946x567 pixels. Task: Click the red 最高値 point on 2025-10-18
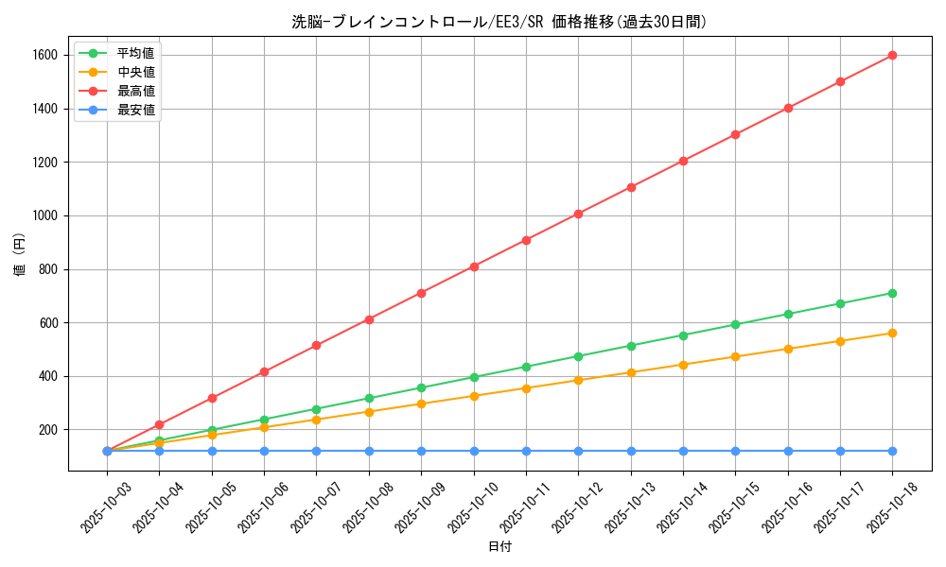tap(892, 55)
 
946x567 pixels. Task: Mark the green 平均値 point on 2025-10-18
tap(892, 293)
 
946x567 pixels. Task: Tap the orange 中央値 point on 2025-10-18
tap(892, 333)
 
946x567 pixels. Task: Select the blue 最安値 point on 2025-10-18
tap(892, 451)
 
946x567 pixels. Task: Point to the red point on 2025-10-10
tap(474, 266)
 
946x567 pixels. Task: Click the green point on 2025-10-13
tap(631, 346)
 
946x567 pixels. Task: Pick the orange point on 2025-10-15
tap(735, 356)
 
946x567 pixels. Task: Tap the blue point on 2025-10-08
tap(369, 451)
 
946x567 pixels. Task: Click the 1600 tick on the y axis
tap(44, 56)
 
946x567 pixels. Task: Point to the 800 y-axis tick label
tap(47, 269)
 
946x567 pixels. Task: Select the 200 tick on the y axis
tap(47, 430)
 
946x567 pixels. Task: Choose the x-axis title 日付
tap(499, 547)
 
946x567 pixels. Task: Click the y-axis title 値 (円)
tap(20, 256)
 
